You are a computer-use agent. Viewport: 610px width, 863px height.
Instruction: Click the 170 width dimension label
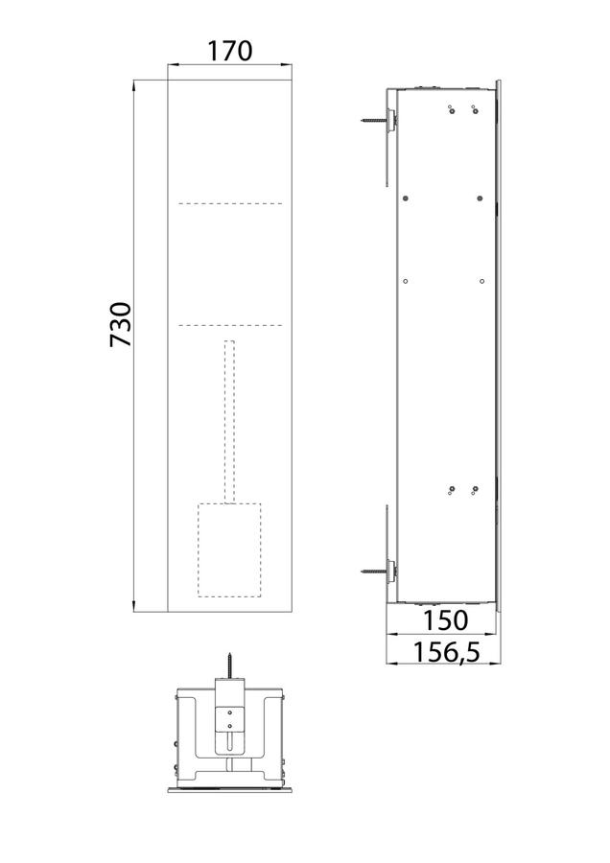[229, 51]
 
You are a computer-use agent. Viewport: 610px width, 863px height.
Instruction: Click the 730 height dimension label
[121, 324]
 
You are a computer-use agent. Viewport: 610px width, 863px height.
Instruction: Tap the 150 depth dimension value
[445, 620]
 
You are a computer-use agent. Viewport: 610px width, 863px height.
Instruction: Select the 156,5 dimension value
[447, 653]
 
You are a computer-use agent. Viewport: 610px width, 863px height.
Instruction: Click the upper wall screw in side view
[375, 119]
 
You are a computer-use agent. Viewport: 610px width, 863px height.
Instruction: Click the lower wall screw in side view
[375, 571]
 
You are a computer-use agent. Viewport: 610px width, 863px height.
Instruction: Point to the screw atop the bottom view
[229, 666]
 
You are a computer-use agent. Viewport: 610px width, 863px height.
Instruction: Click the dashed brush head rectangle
[229, 549]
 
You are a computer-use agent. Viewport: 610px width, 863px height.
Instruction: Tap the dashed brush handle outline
[229, 422]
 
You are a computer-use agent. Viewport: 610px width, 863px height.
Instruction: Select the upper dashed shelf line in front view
[230, 203]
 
